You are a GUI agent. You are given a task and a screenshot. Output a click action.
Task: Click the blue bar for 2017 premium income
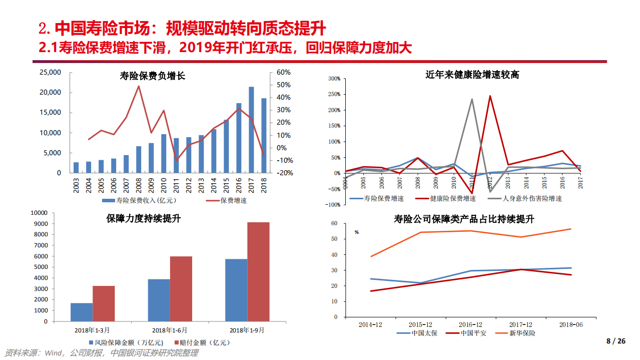coord(251,130)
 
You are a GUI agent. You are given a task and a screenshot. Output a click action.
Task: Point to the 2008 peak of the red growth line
coord(139,86)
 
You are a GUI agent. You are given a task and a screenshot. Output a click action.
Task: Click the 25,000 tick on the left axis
coord(50,72)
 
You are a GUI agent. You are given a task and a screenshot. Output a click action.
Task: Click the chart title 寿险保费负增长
coord(153,76)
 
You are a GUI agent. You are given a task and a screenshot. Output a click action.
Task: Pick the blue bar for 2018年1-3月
coord(82,312)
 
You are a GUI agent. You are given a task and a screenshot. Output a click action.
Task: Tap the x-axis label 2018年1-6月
coord(170,330)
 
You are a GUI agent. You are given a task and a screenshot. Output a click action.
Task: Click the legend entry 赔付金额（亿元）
coord(202,342)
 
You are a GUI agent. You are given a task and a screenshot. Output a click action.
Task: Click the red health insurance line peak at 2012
coord(490,96)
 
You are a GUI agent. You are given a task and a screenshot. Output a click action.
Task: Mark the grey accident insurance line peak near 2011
coord(472,99)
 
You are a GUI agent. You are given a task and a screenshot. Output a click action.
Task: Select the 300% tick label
coord(334,79)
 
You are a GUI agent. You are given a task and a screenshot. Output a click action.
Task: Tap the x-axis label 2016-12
coord(471,324)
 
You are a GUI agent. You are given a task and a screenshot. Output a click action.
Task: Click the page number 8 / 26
coord(615,341)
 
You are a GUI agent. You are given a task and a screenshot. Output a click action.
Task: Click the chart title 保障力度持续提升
coord(144,218)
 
